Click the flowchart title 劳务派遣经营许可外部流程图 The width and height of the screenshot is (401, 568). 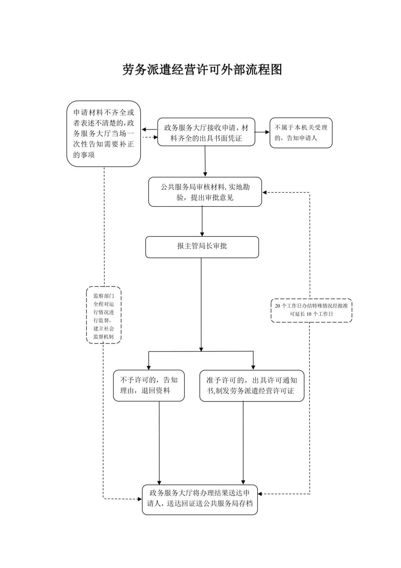[x=202, y=69]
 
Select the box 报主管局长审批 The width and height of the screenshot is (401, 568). [x=202, y=246]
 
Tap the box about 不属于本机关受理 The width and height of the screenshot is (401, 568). [x=301, y=132]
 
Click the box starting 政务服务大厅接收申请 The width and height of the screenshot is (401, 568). [x=206, y=132]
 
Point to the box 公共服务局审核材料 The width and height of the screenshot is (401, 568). [x=205, y=192]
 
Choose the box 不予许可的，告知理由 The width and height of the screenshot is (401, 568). [x=149, y=385]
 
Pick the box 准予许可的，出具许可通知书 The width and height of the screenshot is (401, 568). [x=252, y=385]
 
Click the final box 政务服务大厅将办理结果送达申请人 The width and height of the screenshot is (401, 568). [x=200, y=499]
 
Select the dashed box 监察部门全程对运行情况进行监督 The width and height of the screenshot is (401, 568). [x=104, y=314]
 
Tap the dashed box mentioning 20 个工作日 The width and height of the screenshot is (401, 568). [x=311, y=310]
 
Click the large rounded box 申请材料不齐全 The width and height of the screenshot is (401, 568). [x=103, y=133]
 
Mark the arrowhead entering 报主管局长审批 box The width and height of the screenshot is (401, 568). [x=202, y=234]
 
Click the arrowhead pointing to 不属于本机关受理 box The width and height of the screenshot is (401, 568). [x=267, y=132]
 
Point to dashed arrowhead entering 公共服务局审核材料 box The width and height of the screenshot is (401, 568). [x=264, y=193]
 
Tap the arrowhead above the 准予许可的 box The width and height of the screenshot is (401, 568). [x=253, y=367]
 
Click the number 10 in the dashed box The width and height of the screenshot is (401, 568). [x=309, y=314]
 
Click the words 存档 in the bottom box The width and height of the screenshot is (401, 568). [x=245, y=503]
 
